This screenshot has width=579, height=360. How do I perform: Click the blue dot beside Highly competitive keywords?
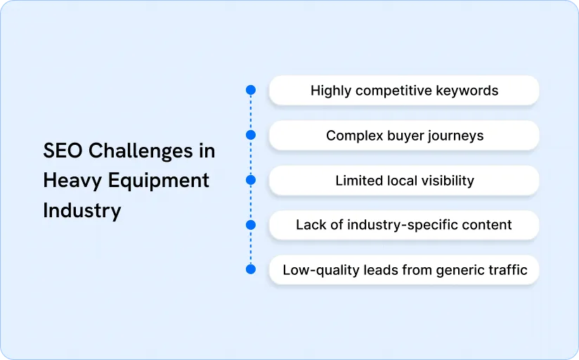coord(250,90)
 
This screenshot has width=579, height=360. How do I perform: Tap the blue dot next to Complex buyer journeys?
coord(250,135)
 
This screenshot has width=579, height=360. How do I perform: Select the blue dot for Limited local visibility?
coord(250,180)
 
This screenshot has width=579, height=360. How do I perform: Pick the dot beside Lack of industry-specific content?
coord(250,225)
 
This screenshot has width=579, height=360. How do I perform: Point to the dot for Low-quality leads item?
coord(250,270)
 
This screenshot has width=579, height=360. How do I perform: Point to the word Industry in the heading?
coord(82,210)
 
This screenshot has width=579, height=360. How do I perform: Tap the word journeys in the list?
coord(457,136)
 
